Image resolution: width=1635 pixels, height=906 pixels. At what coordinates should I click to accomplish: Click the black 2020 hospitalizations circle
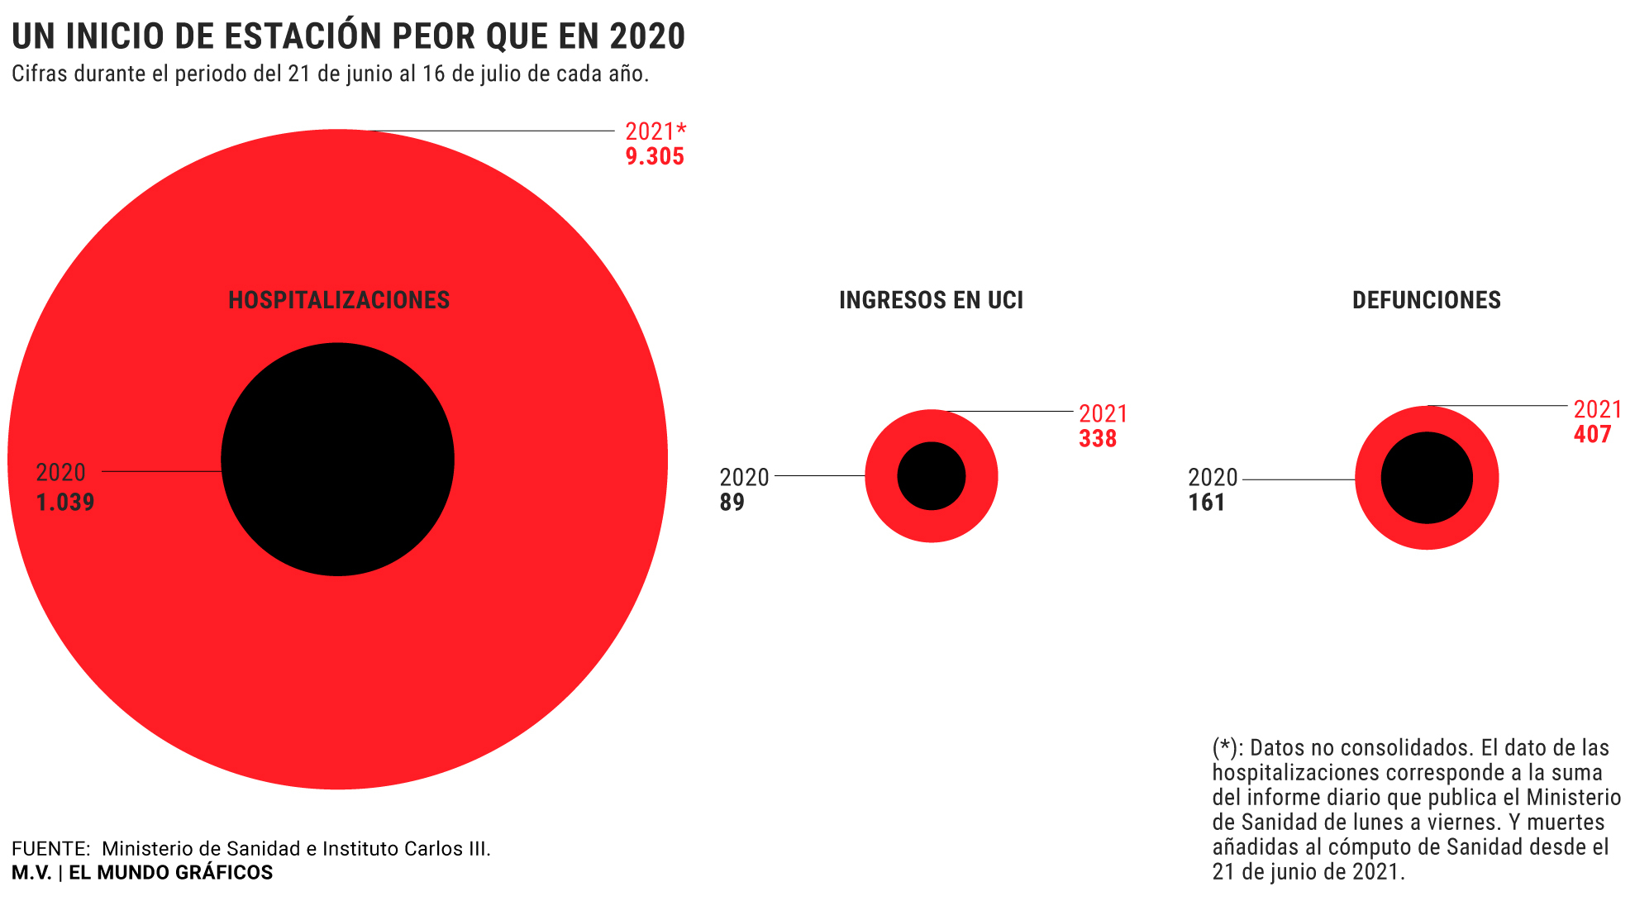pyautogui.click(x=337, y=460)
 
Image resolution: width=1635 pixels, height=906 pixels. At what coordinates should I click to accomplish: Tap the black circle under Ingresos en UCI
pyautogui.click(x=932, y=476)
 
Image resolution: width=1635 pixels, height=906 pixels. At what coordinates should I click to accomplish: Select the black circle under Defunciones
pyautogui.click(x=1427, y=478)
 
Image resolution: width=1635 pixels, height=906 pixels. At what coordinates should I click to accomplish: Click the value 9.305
pyautogui.click(x=655, y=156)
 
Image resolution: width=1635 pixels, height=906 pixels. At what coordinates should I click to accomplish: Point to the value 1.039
pyautogui.click(x=65, y=502)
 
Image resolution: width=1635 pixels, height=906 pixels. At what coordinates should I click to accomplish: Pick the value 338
pyautogui.click(x=1098, y=438)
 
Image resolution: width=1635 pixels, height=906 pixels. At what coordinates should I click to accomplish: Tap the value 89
pyautogui.click(x=732, y=502)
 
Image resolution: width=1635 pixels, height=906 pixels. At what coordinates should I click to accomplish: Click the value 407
pyautogui.click(x=1592, y=434)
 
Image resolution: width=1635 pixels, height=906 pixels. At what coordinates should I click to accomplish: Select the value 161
pyautogui.click(x=1207, y=502)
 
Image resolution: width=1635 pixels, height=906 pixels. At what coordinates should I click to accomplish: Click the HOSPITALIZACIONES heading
pyautogui.click(x=339, y=299)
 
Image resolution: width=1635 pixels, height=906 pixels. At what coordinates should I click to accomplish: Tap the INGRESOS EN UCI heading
pyautogui.click(x=932, y=299)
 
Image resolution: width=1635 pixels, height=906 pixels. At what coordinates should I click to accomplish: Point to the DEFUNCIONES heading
pyautogui.click(x=1427, y=299)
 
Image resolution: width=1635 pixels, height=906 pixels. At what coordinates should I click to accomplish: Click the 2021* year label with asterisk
pyautogui.click(x=655, y=131)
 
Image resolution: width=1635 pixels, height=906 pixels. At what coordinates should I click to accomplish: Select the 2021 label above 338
pyautogui.click(x=1104, y=413)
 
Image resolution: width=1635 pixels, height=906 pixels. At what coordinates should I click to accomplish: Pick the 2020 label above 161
pyautogui.click(x=1213, y=477)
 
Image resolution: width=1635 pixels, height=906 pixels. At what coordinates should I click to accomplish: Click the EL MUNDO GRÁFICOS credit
pyautogui.click(x=170, y=872)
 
